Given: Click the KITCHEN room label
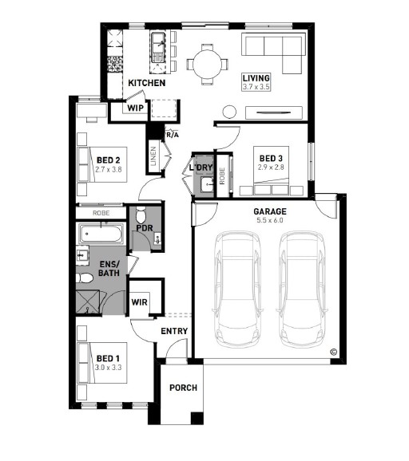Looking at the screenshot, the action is pyautogui.click(x=147, y=83).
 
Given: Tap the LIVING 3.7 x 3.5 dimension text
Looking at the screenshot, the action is pyautogui.click(x=256, y=87).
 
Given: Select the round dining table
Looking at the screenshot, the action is pyautogui.click(x=208, y=64).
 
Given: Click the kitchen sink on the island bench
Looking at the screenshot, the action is pyautogui.click(x=159, y=47).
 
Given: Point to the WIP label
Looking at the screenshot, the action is pyautogui.click(x=136, y=108).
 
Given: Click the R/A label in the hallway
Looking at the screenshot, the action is pyautogui.click(x=173, y=135).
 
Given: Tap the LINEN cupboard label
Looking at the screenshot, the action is pyautogui.click(x=153, y=156).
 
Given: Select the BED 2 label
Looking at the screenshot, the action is pyautogui.click(x=109, y=160).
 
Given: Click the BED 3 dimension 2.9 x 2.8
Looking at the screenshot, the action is pyautogui.click(x=271, y=167).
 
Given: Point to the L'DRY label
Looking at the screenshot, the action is pyautogui.click(x=201, y=167).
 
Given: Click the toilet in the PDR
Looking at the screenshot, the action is pyautogui.click(x=141, y=215).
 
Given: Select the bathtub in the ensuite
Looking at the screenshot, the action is pyautogui.click(x=101, y=234).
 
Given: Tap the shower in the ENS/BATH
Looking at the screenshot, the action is pyautogui.click(x=88, y=302).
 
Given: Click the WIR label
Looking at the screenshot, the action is pyautogui.click(x=140, y=302).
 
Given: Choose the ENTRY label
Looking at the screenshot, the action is pyautogui.click(x=174, y=331).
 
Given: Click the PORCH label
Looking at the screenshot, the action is pyautogui.click(x=183, y=388).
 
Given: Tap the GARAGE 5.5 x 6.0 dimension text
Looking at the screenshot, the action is pyautogui.click(x=270, y=220).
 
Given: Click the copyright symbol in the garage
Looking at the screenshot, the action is pyautogui.click(x=334, y=352).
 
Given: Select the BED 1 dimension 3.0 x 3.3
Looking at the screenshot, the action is pyautogui.click(x=109, y=368).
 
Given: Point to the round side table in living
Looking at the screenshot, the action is pyautogui.click(x=229, y=112).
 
